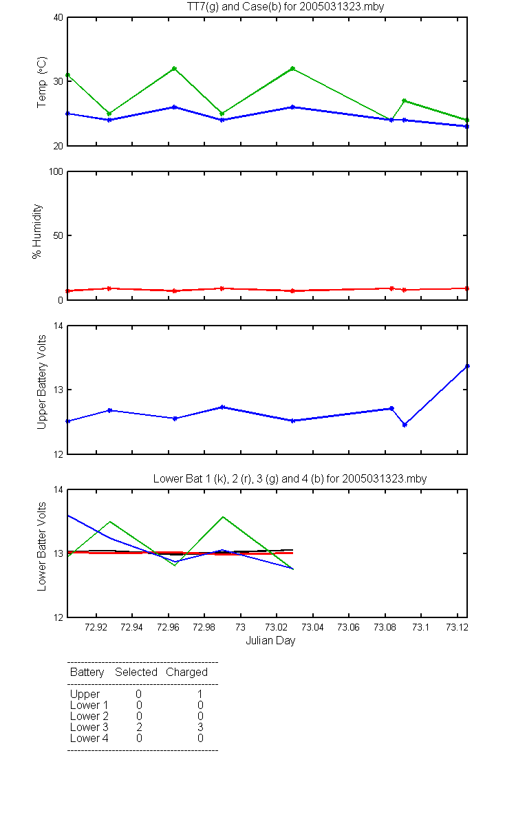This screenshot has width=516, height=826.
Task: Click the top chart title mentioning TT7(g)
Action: point(286,6)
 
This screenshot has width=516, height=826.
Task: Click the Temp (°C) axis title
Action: point(42,82)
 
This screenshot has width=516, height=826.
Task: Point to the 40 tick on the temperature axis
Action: point(58,18)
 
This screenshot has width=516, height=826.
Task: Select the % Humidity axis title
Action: point(37,231)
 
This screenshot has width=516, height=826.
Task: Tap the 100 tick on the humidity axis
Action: point(56,172)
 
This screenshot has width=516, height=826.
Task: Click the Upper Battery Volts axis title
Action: point(42,382)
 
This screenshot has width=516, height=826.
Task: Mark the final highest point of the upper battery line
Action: point(467,366)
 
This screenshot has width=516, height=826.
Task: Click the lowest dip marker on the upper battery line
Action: point(405,425)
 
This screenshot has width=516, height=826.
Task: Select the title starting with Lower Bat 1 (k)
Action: point(290,478)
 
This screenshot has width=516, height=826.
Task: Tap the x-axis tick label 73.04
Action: point(312,627)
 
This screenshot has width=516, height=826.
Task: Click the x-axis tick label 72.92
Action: point(96,627)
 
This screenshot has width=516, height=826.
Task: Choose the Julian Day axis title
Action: point(270,641)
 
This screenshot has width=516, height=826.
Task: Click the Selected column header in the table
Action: point(136,673)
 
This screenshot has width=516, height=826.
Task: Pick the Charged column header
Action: point(186,673)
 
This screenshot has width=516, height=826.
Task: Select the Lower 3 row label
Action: point(89,727)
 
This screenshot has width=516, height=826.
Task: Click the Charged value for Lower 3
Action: point(200,727)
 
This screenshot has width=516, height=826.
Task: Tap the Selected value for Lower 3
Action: point(138,727)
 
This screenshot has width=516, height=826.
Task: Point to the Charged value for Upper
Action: point(200,694)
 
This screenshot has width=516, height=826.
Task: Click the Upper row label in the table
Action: point(85,695)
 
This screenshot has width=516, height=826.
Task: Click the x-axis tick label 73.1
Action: point(420,627)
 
